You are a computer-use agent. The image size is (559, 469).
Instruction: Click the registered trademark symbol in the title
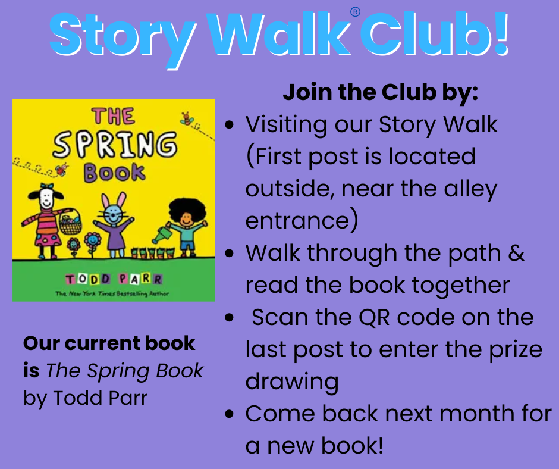[x=356, y=12]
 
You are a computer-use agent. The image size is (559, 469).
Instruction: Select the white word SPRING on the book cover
[x=114, y=145]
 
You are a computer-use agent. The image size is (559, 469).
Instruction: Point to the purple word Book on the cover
[x=114, y=172]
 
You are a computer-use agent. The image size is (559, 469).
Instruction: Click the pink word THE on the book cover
[x=113, y=117]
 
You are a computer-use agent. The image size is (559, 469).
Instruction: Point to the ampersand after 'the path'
[x=516, y=253]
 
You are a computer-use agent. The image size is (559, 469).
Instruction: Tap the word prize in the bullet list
[x=511, y=349]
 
